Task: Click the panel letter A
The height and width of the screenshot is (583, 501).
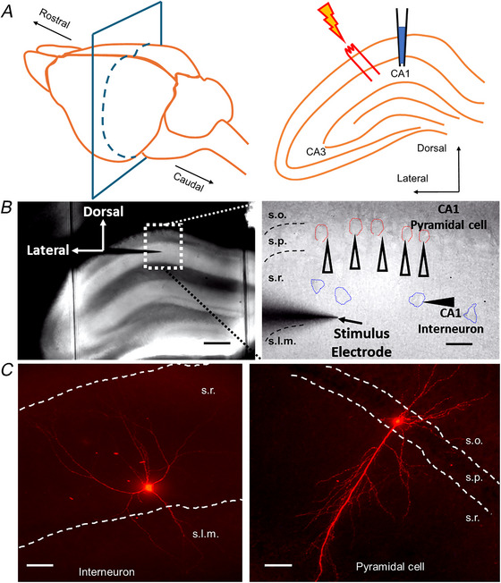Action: (7, 12)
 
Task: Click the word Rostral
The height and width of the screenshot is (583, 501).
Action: (55, 19)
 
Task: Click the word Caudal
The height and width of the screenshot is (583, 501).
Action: (189, 182)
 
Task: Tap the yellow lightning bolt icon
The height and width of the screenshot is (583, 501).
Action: (332, 21)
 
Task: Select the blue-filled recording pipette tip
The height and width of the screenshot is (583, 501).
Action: (402, 45)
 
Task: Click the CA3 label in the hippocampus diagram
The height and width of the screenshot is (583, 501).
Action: (316, 152)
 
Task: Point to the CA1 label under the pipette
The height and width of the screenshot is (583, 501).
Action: (400, 73)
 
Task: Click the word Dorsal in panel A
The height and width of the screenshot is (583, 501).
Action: (431, 148)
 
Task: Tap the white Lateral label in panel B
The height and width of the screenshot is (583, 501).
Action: (47, 250)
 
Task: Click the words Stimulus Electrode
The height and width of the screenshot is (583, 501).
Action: (361, 342)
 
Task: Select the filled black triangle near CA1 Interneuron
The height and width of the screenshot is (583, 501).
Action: (439, 301)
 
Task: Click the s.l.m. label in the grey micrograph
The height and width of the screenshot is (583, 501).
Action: (282, 341)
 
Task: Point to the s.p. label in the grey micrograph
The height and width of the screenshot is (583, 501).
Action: (277, 241)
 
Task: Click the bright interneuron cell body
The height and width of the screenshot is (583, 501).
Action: (149, 487)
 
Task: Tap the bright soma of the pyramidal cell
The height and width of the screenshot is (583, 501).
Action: (397, 421)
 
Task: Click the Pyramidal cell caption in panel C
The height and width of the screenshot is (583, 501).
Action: (390, 567)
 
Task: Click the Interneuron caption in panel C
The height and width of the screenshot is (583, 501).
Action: (106, 571)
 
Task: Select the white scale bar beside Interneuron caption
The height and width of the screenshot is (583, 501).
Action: (39, 565)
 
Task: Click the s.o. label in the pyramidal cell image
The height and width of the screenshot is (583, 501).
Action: (474, 442)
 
